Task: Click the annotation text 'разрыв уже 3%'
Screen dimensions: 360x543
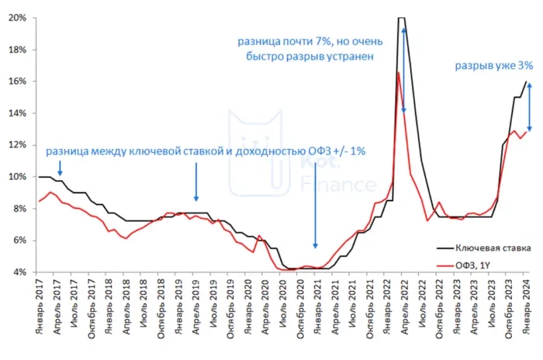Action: click(x=493, y=66)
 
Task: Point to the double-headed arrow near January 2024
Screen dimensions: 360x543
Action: click(x=529, y=106)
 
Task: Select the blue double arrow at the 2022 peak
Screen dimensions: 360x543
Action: click(x=403, y=68)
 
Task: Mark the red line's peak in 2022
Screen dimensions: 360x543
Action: click(x=398, y=72)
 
